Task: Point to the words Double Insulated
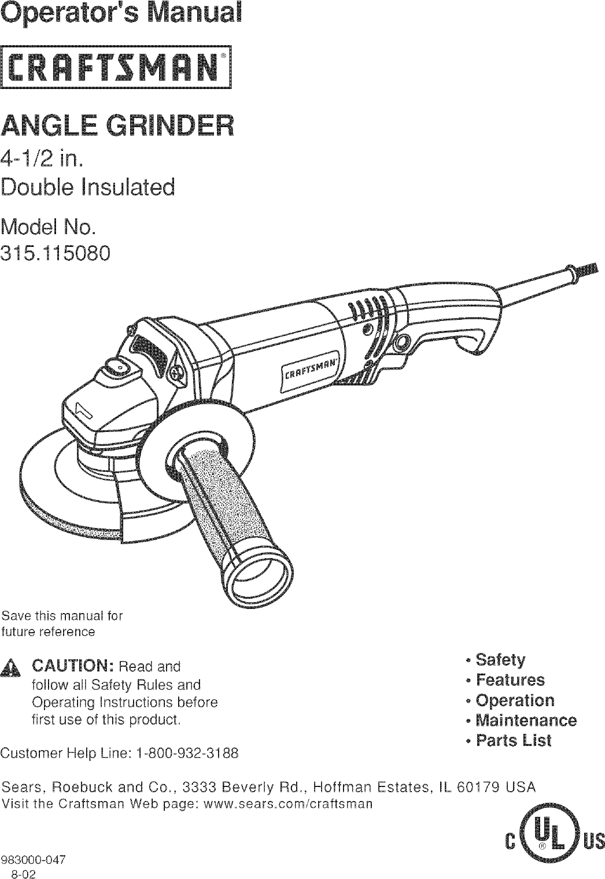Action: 88,188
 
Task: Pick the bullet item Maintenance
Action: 525,720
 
